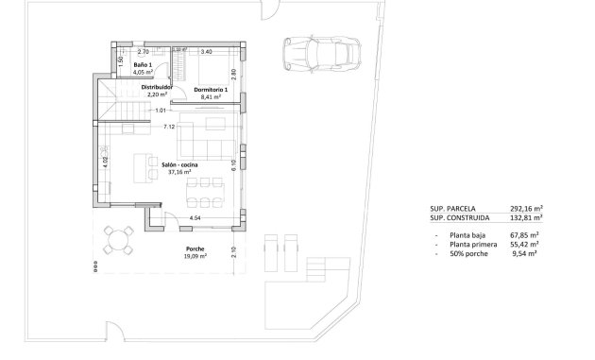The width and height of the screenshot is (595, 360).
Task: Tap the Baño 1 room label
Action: [x=142, y=64]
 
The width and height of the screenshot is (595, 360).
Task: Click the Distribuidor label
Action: [x=156, y=87]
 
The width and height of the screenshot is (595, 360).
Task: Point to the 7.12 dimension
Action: [x=169, y=126]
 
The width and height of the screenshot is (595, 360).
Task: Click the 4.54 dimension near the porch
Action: [x=195, y=218]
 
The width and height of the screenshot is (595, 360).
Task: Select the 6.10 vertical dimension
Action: [x=233, y=163]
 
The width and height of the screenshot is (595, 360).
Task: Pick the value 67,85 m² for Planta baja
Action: [x=521, y=234]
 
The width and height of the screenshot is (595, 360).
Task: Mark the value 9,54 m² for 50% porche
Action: [x=523, y=253]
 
